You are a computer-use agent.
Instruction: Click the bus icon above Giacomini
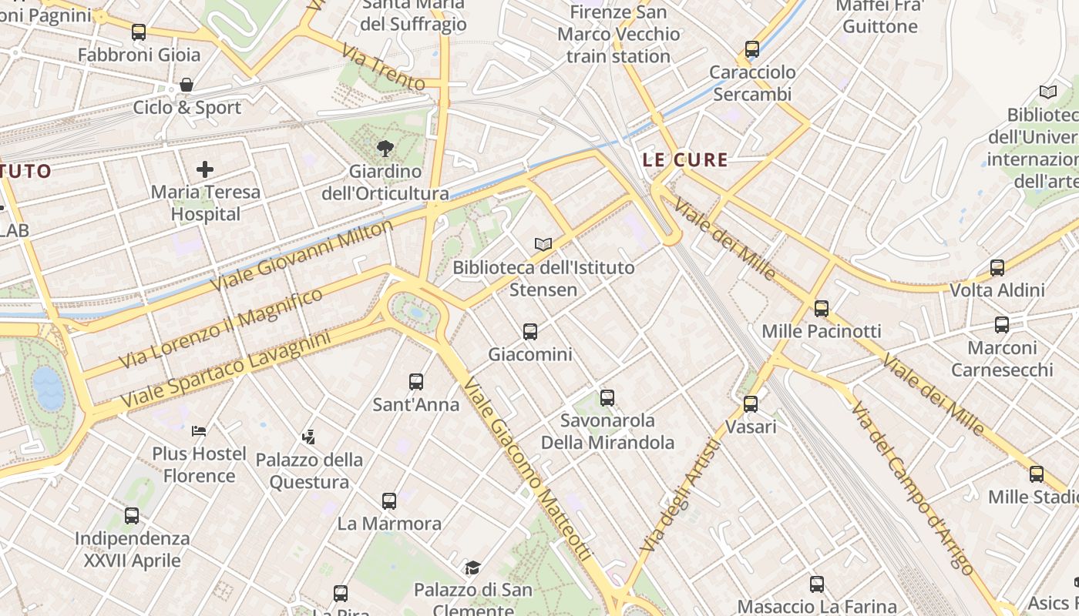pos(530,332)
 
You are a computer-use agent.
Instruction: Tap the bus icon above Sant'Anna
pos(416,382)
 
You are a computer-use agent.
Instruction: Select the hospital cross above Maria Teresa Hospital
pos(205,169)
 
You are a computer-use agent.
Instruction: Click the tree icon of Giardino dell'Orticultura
pos(385,149)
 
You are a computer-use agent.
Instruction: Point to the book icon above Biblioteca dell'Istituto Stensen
pos(543,244)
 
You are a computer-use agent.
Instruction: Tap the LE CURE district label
pos(685,160)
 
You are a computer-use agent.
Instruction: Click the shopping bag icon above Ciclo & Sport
pos(186,85)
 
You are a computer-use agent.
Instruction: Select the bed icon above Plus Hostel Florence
pos(199,430)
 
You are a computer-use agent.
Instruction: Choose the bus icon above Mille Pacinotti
pos(822,309)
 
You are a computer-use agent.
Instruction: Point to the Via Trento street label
pos(382,68)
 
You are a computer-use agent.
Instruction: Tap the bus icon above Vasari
pos(751,403)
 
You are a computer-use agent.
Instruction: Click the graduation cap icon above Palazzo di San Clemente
pos(472,568)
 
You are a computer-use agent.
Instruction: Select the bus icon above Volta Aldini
pos(997,268)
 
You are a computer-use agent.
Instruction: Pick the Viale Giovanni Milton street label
pos(301,255)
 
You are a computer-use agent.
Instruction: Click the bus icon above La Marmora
pos(389,501)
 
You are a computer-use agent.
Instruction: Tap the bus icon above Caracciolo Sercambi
pos(752,49)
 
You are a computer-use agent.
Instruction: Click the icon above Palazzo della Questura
pos(308,437)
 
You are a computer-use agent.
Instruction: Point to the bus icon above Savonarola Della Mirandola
pos(607,398)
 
